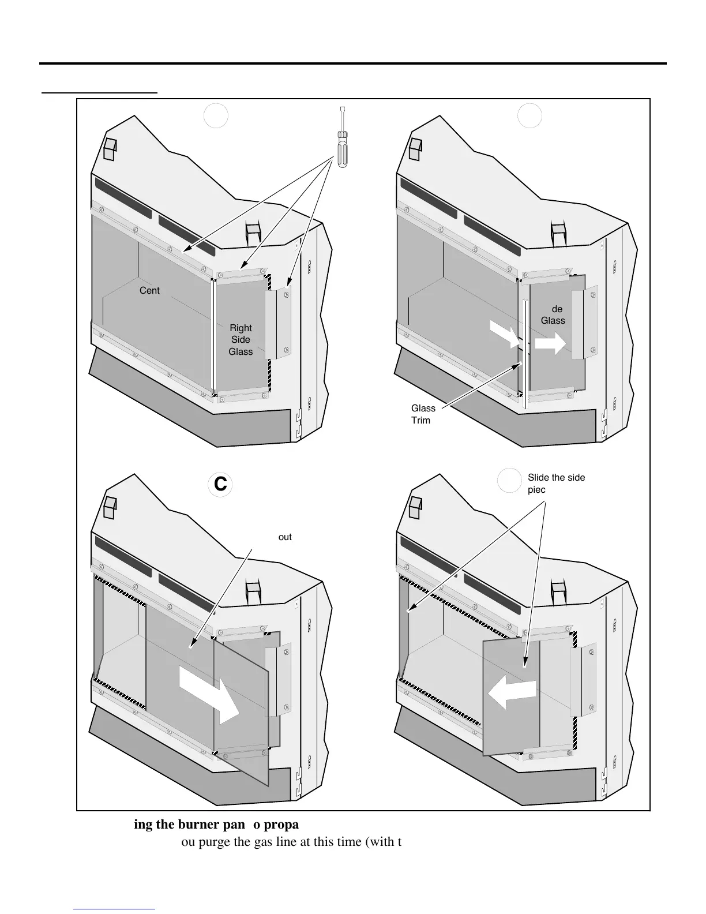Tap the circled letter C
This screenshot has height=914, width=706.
pyautogui.click(x=220, y=485)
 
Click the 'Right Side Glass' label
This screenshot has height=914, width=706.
pyautogui.click(x=241, y=339)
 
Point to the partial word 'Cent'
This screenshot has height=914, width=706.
pyautogui.click(x=149, y=290)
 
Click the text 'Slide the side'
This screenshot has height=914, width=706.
pyautogui.click(x=556, y=477)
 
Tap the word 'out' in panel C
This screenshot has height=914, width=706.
pyautogui.click(x=285, y=537)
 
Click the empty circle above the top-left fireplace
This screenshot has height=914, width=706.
pyautogui.click(x=216, y=116)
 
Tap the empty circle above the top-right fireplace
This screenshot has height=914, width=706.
pyautogui.click(x=529, y=116)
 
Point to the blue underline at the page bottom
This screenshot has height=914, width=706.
pyautogui.click(x=115, y=909)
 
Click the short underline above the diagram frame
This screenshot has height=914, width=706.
pyautogui.click(x=99, y=92)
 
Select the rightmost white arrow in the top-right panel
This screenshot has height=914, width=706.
pyautogui.click(x=550, y=344)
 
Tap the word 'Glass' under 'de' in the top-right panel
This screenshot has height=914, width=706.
pyautogui.click(x=553, y=320)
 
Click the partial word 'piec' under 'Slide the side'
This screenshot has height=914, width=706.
pyautogui.click(x=537, y=489)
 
